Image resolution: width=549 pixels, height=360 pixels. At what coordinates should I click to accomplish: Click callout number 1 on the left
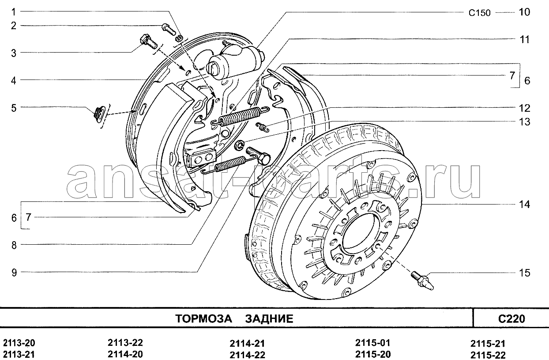point(14,12)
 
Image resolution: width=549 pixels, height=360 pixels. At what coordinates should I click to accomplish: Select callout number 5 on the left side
point(14,108)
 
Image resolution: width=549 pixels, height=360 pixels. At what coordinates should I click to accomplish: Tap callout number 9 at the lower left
point(14,272)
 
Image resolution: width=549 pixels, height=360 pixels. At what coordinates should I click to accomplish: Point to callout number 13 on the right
point(524,121)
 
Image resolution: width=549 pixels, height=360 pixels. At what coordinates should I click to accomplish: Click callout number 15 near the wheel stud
point(524,273)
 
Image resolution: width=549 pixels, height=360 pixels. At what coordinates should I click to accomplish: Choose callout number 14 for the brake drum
point(524,204)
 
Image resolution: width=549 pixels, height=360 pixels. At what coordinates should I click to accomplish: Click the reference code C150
point(480,13)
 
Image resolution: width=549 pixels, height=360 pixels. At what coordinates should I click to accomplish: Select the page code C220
point(511,318)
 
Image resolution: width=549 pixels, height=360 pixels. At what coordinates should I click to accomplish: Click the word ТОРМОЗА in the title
point(203,318)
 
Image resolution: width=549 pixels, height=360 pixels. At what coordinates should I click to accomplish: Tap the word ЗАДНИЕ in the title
point(269,318)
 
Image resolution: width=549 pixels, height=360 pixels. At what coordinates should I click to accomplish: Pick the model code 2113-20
point(19,343)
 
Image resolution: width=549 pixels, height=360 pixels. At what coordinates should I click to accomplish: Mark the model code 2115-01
point(372,343)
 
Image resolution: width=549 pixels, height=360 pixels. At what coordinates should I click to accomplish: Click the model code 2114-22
point(247,355)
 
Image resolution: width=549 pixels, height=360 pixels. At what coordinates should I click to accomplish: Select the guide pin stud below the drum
point(422,280)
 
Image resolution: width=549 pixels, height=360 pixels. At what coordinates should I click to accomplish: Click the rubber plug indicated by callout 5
point(100,114)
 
